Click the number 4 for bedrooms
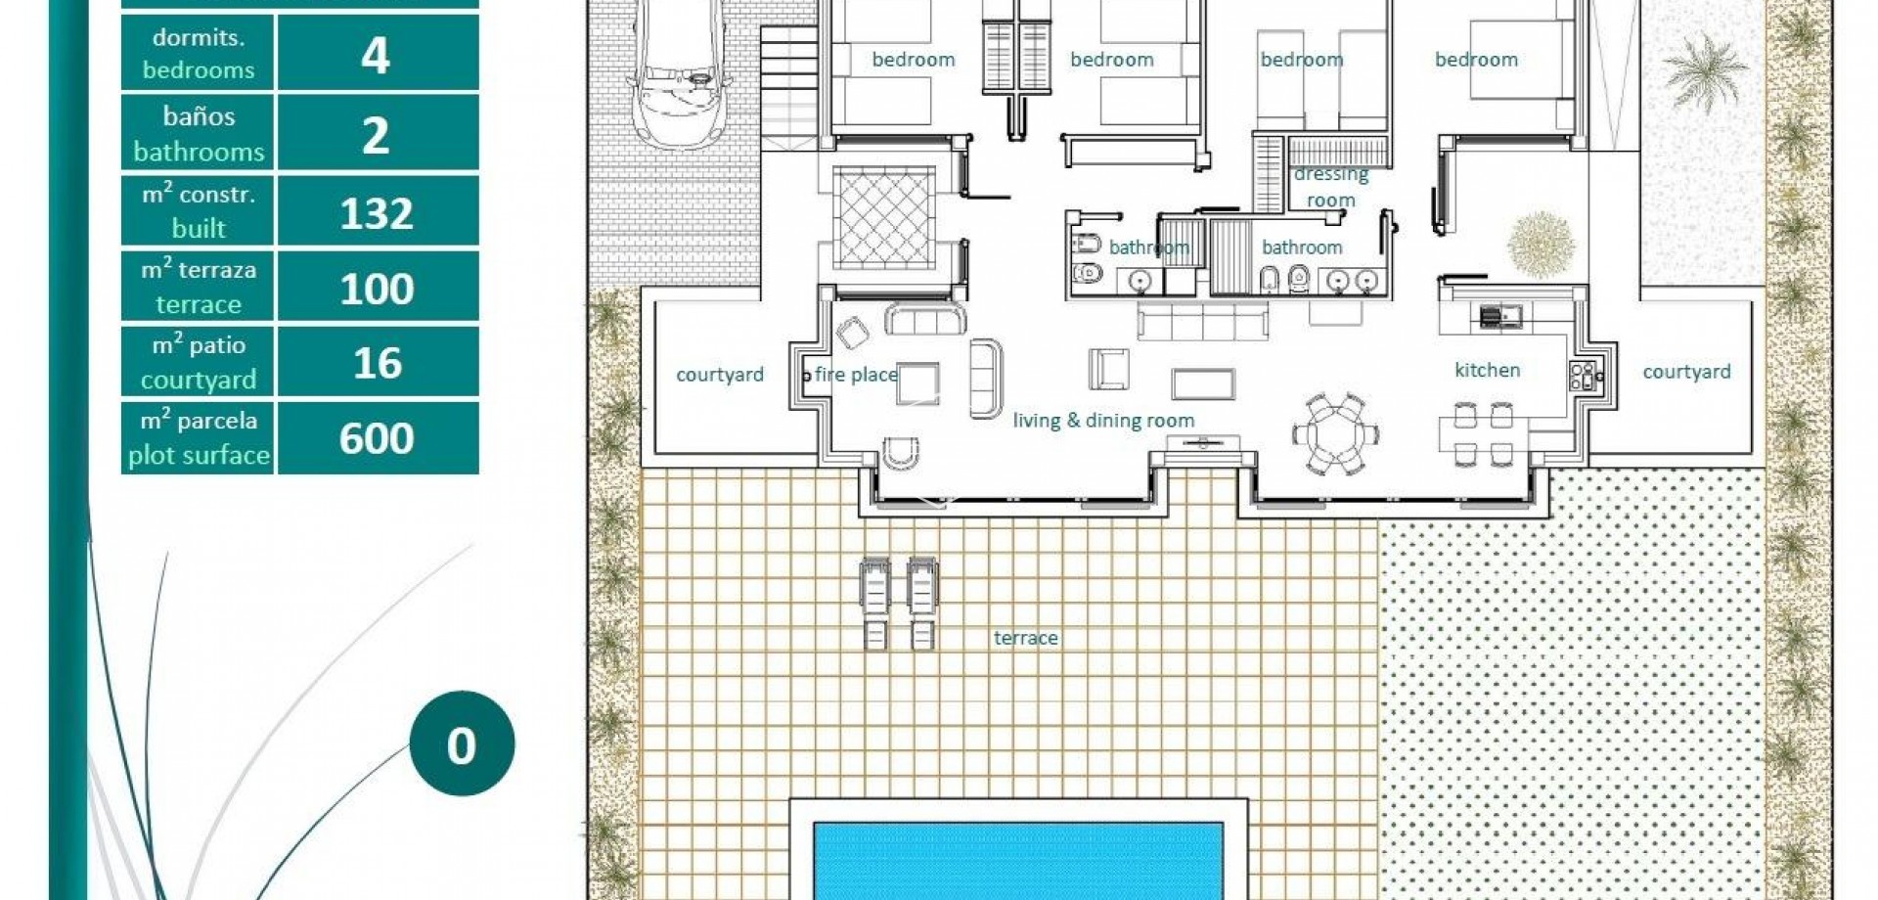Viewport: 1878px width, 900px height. [x=376, y=55]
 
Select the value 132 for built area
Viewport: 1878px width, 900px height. [x=377, y=212]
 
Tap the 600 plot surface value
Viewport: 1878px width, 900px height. [x=377, y=438]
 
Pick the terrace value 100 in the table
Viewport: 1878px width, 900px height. [x=377, y=289]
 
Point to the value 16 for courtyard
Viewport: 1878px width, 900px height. [x=377, y=363]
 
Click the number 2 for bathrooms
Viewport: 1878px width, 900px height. [x=376, y=135]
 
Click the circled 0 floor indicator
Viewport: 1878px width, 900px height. [x=462, y=745]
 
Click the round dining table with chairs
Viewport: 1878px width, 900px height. [x=1336, y=432]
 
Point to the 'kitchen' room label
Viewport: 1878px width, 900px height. [x=1487, y=370]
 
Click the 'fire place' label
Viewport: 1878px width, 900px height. [x=856, y=374]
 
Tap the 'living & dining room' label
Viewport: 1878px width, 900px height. [x=1103, y=421]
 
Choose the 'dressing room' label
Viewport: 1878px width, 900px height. [x=1330, y=187]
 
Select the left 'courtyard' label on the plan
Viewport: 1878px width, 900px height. [x=720, y=375]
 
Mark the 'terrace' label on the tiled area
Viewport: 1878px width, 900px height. [x=1025, y=638]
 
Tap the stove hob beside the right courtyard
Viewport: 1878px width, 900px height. [x=1582, y=376]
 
